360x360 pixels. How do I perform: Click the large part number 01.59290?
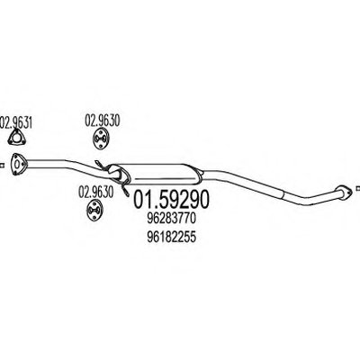tap(170, 200)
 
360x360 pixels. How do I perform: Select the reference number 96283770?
tap(172, 219)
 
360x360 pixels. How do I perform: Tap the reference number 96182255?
tap(172, 237)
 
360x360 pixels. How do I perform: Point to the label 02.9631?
tap(16, 123)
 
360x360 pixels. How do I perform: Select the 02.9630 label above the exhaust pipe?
tap(103, 121)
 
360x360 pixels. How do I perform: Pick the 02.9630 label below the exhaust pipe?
tap(96, 192)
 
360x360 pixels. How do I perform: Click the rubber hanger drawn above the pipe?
tap(100, 139)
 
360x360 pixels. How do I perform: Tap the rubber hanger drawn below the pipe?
tap(94, 211)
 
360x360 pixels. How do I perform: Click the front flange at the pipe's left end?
tap(17, 164)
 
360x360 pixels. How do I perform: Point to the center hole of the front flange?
tap(17, 165)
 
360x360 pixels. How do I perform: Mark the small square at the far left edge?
tap(2, 165)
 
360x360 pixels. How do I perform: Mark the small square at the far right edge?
tap(358, 188)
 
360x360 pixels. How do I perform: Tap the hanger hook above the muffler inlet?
tap(100, 165)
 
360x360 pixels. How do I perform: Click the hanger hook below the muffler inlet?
tap(125, 188)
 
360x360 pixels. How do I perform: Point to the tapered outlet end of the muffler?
tap(200, 175)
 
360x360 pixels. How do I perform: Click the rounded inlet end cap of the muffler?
tap(115, 174)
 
